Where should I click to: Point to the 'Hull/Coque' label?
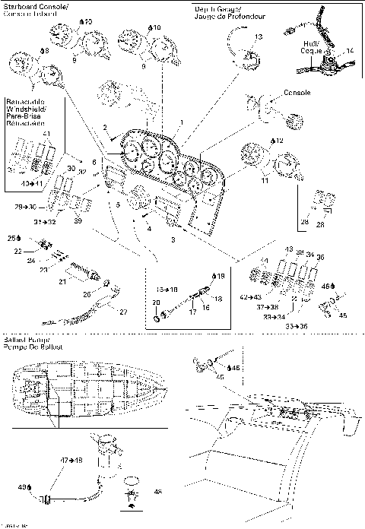tap(310, 49)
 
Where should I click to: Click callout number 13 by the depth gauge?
tap(259, 36)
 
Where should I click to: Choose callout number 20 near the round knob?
tap(157, 303)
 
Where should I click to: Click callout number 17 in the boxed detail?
tap(192, 310)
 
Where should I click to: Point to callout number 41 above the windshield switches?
tap(46, 134)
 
